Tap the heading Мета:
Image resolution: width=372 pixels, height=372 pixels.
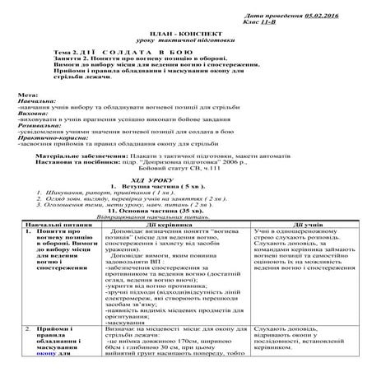point(26,95)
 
